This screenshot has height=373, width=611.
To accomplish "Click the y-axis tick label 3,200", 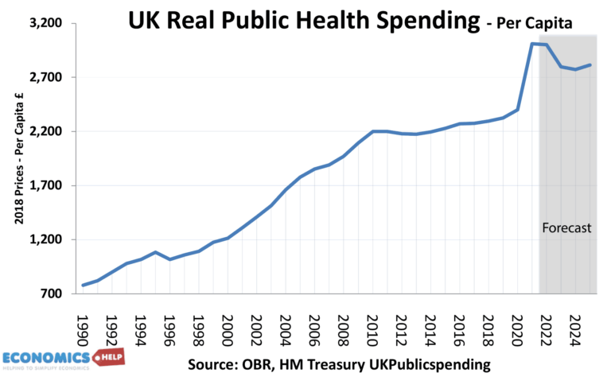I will click(x=45, y=24).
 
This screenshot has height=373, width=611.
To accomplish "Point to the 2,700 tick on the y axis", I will click(x=45, y=78).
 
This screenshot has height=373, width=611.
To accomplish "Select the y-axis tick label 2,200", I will click(x=45, y=132).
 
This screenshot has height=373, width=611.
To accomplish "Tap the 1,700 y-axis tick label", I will click(x=45, y=186).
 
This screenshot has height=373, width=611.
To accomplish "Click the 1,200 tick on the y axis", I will click(x=45, y=240).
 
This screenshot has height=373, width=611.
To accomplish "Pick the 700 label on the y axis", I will click(x=51, y=294).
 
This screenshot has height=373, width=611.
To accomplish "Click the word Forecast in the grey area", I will click(x=566, y=228).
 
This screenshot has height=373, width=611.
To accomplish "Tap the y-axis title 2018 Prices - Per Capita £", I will click(x=16, y=159).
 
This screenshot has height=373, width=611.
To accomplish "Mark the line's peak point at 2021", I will click(x=532, y=44).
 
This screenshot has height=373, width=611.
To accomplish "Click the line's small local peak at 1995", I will click(x=156, y=252).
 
